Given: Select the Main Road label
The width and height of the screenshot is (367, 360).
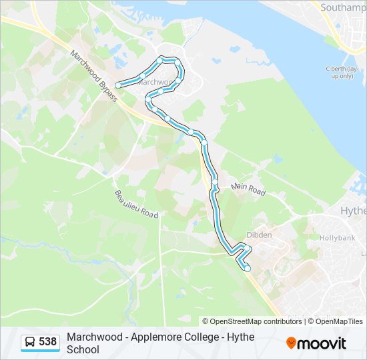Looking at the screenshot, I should pos(248,189).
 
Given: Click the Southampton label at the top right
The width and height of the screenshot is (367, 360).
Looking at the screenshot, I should pos(343,8).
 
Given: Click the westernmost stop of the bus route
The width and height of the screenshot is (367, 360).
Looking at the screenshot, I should pos(118,85).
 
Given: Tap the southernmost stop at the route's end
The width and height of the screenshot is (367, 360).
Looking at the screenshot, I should pos(248,269).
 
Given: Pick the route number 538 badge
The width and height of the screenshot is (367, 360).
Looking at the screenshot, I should pos(47,342).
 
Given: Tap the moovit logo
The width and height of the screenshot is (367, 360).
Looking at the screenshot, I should pos(316,343).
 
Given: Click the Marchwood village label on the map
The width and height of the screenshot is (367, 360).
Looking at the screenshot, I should pos(155,83).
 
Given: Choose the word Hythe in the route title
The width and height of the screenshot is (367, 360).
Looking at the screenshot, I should pos(241,337).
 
